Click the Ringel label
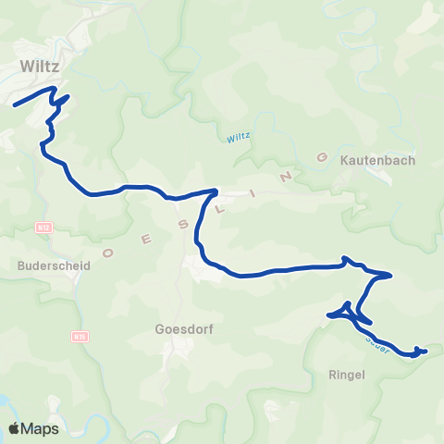[x=348, y=375]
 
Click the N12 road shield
[x=44, y=227]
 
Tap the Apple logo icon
[x=16, y=428]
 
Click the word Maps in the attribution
[x=42, y=428]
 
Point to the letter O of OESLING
[x=108, y=252]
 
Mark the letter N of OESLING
[x=289, y=171]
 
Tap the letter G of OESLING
[x=322, y=157]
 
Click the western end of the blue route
[x=14, y=105]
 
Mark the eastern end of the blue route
[x=425, y=351]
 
